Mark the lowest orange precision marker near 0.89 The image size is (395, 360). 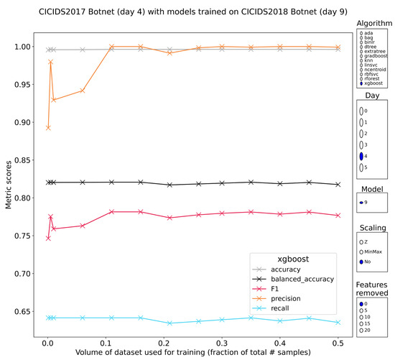(x=48, y=128)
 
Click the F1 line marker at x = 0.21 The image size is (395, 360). (x=169, y=218)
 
